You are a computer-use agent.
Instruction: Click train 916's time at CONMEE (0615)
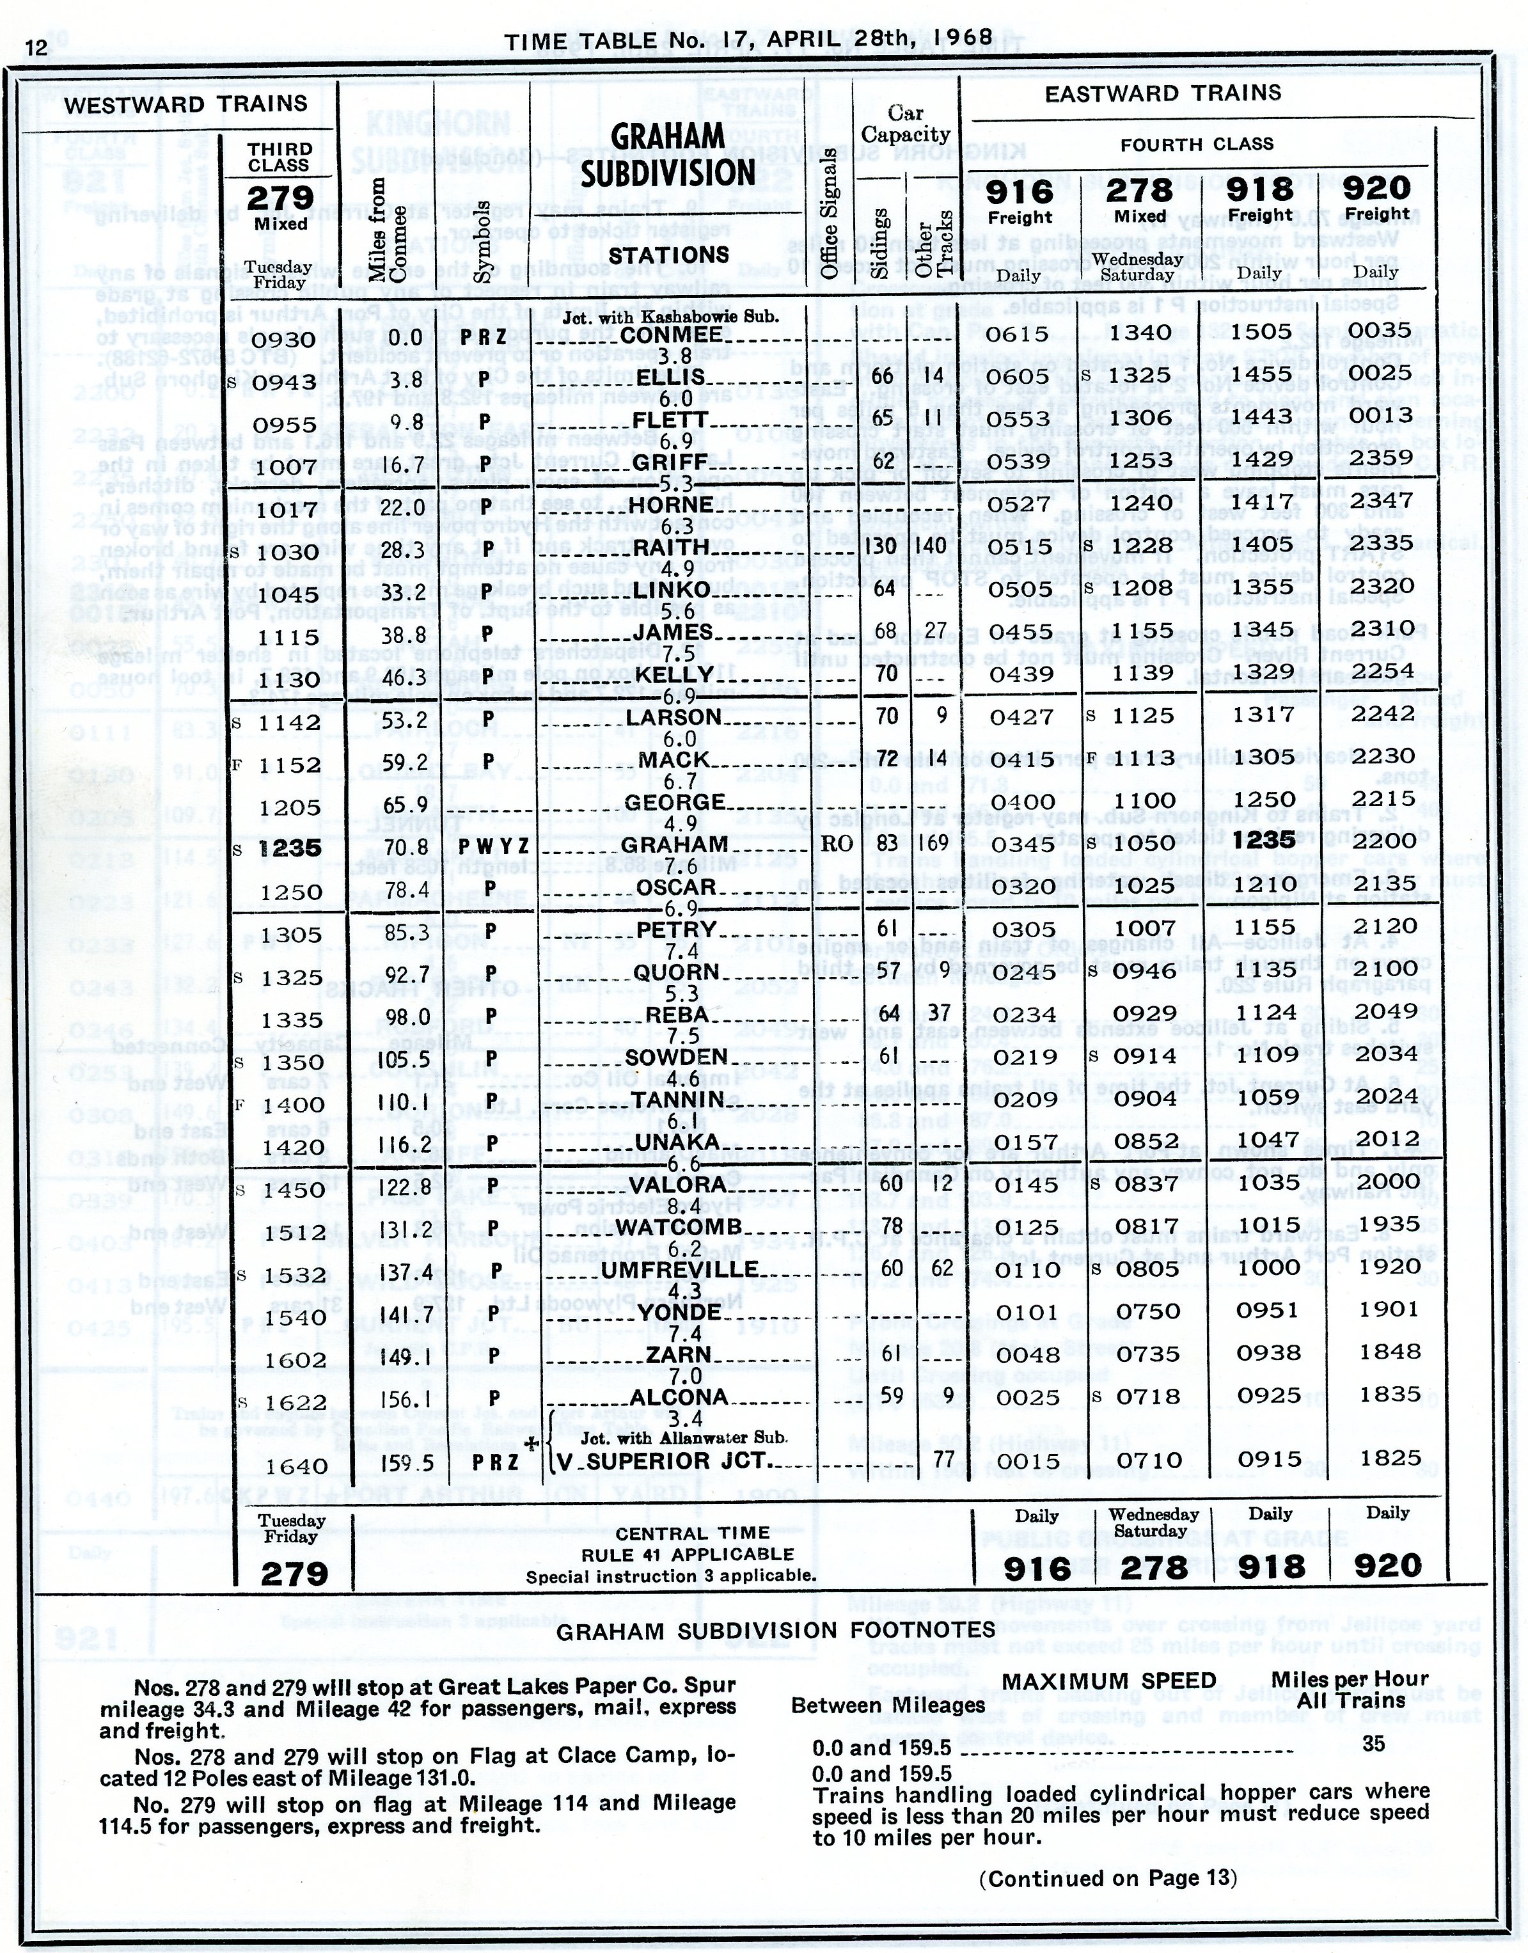tap(1018, 334)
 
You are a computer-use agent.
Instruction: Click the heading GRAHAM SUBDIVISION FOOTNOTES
tap(776, 1631)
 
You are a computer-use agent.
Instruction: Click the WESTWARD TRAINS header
tap(185, 105)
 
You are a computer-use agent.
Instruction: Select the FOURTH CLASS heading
tap(1197, 144)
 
